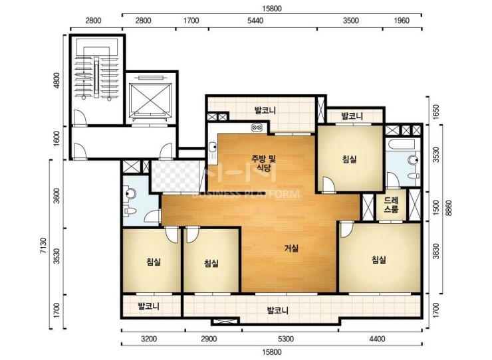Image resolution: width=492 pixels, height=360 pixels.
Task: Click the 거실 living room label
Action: coord(291,248)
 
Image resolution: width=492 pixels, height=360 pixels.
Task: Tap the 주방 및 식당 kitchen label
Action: coord(263,163)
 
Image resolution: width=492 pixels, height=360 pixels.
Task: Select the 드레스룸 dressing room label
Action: coord(391,205)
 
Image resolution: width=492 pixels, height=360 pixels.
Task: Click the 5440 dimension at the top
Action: coord(255,21)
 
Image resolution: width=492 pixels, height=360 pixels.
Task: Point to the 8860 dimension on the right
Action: coord(449,208)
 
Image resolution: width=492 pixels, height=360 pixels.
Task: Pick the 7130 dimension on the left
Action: coord(43,246)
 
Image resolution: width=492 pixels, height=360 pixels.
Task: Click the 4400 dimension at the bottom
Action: coord(377,339)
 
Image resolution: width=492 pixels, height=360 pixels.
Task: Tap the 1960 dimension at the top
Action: coord(402,21)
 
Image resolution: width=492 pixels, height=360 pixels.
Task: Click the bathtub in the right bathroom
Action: coord(403,145)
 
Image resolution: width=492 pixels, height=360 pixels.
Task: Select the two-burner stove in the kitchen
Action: coord(257,128)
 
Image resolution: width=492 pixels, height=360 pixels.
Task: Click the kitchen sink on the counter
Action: coord(213,151)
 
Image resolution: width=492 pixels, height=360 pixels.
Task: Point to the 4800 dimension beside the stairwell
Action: coord(57,80)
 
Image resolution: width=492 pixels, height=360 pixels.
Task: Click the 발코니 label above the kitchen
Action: coord(265,110)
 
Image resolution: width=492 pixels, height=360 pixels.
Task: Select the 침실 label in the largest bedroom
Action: coord(379,260)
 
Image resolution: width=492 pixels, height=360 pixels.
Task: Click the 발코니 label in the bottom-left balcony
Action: coord(149,306)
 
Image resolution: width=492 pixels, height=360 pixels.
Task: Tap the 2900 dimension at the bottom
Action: coord(209,339)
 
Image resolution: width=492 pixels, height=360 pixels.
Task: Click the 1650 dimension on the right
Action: coord(436,110)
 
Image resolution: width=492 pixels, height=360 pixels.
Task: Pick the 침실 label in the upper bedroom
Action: coord(349,159)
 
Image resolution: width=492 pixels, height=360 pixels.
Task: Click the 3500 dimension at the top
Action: coord(350,21)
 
